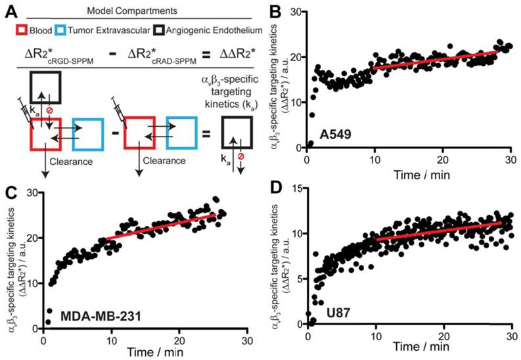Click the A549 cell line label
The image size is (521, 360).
point(335,135)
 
